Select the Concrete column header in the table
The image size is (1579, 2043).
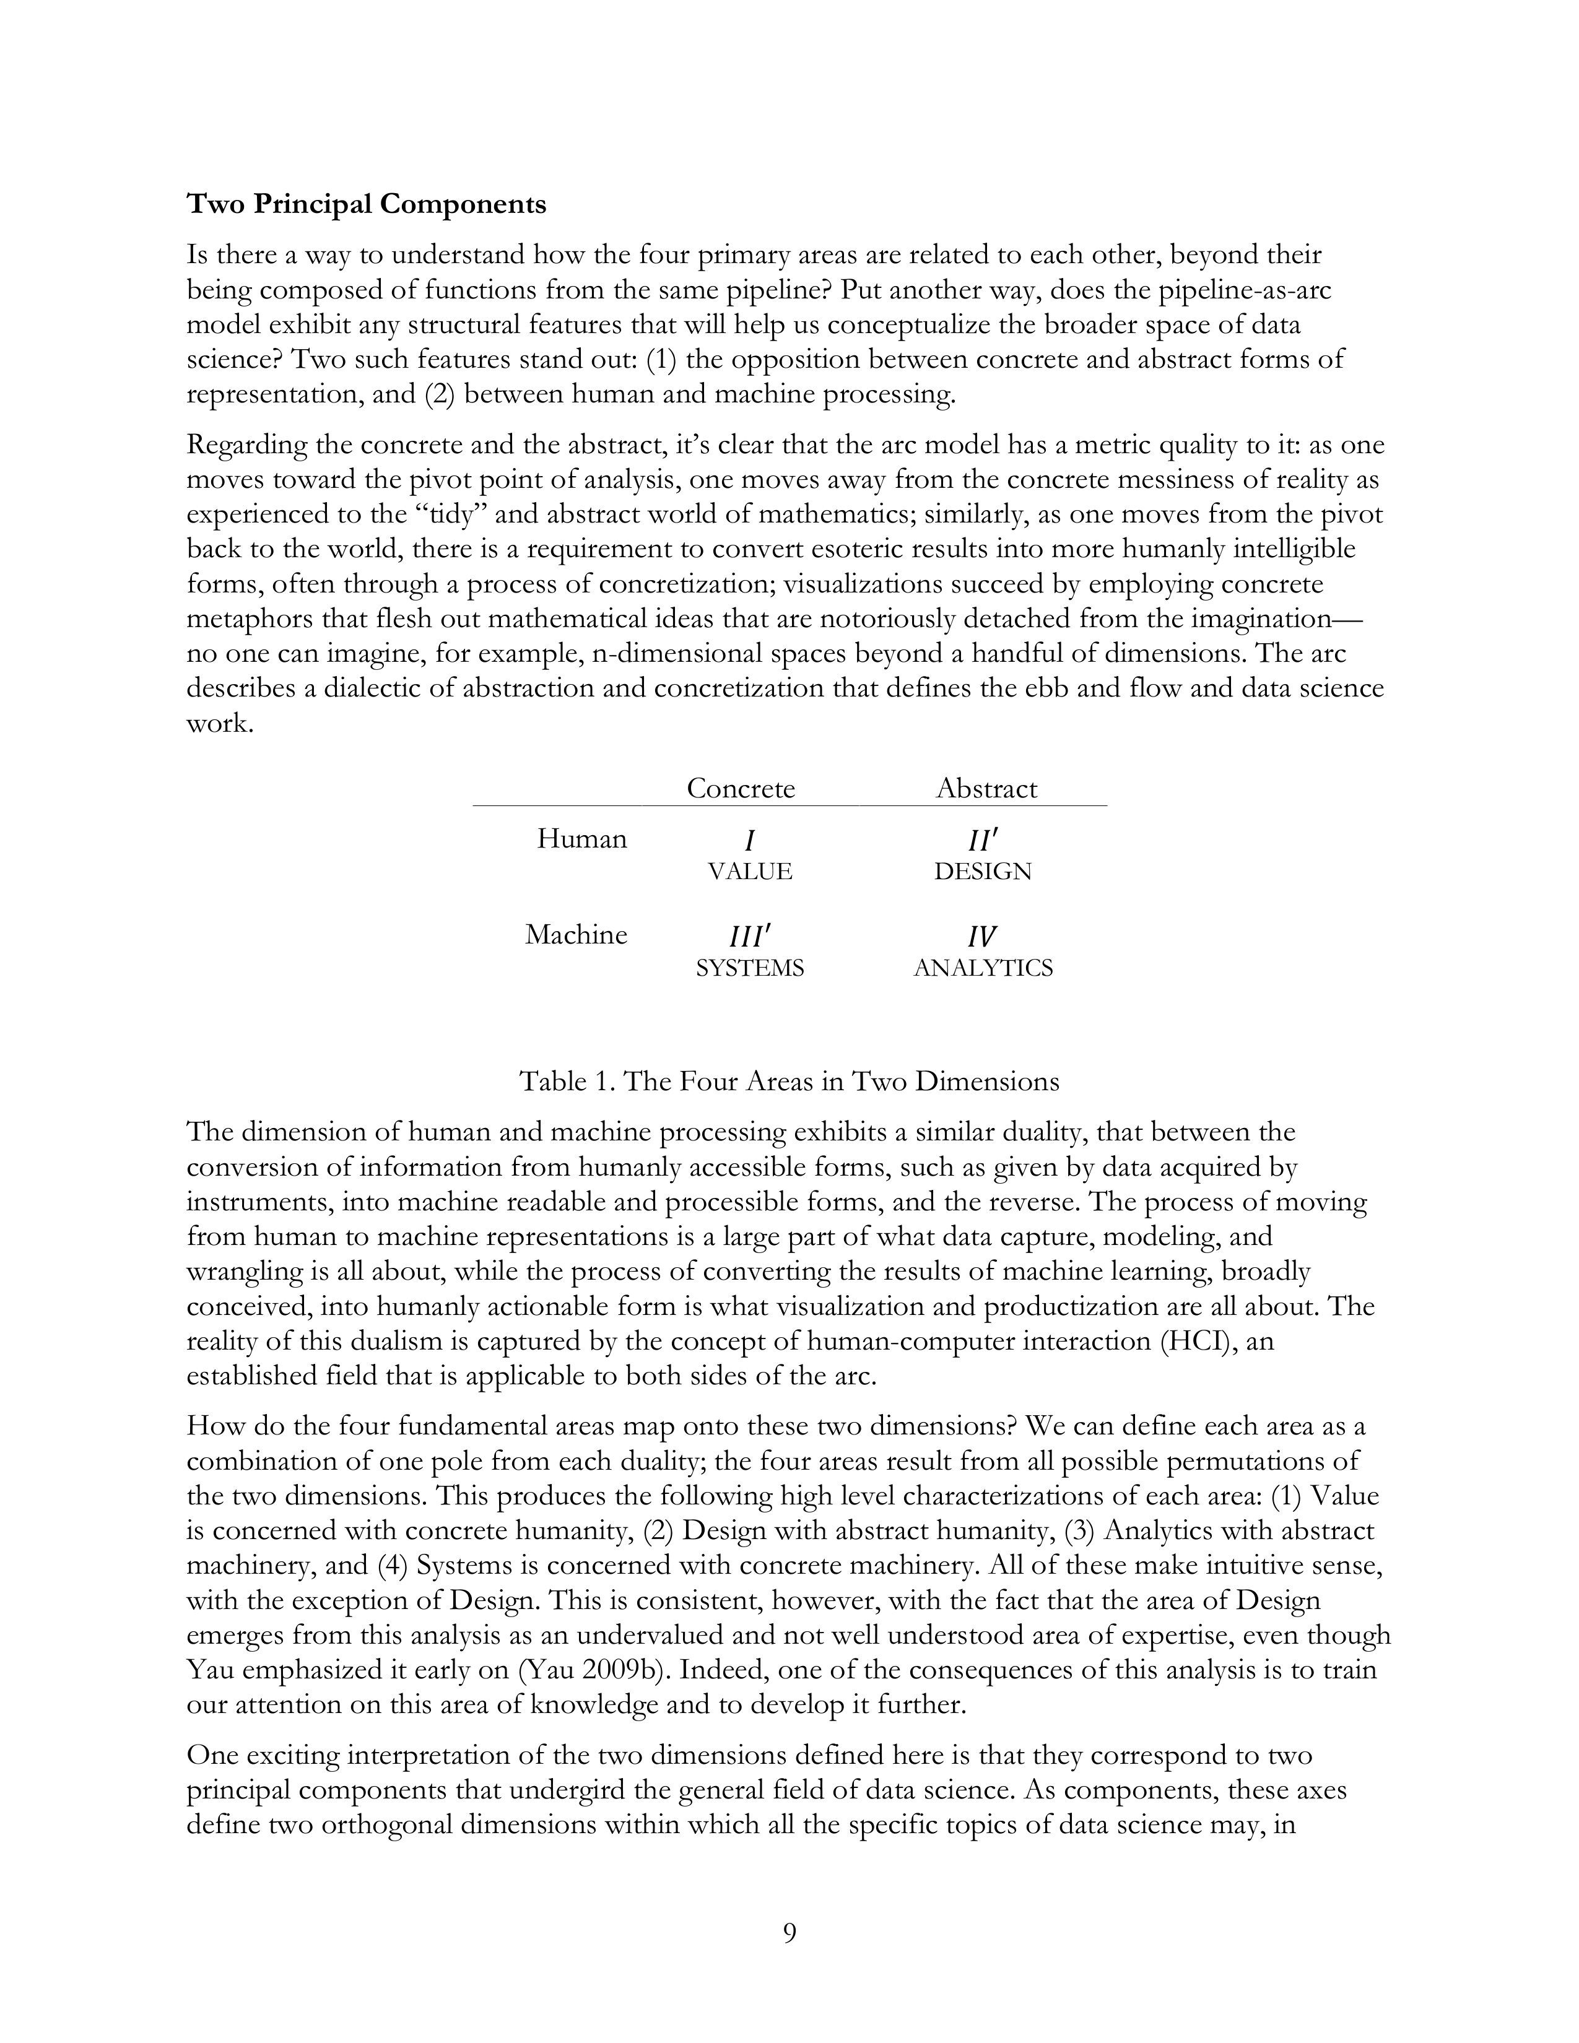tap(740, 789)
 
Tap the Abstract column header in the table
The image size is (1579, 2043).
tap(986, 789)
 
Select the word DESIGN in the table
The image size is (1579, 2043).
tap(982, 872)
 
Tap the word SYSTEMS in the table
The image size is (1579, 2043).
tap(749, 968)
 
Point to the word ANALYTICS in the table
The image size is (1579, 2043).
tap(982, 968)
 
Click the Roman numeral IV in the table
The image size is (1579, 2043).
tap(981, 936)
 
